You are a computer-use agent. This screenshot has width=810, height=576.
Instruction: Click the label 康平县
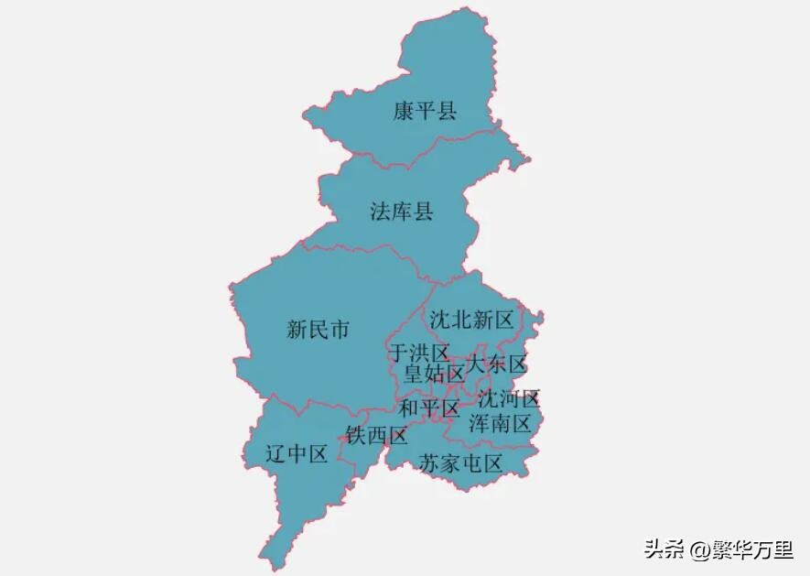(x=425, y=112)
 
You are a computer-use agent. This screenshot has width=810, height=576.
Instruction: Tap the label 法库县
(x=401, y=212)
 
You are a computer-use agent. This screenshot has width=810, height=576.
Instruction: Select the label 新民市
(x=318, y=330)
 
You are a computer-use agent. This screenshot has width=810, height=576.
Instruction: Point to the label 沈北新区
(x=471, y=320)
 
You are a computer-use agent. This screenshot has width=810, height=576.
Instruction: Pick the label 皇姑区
(x=435, y=374)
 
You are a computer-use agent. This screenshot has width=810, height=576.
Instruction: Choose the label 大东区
(x=497, y=364)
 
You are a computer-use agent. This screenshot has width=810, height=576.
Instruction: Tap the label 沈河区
(x=509, y=399)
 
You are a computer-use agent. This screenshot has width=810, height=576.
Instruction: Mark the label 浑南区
(x=500, y=423)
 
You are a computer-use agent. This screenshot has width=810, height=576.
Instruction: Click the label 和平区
(x=428, y=408)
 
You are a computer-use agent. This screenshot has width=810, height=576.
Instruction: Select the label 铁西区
(x=376, y=435)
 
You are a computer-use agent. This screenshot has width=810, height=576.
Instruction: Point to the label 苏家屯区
(x=460, y=463)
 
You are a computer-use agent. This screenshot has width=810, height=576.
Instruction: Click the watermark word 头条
(x=664, y=549)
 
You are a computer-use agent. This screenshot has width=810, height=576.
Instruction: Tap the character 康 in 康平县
(x=404, y=112)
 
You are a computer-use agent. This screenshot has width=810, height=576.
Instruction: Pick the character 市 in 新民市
(x=339, y=330)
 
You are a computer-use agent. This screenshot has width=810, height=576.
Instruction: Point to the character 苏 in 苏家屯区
(x=429, y=463)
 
